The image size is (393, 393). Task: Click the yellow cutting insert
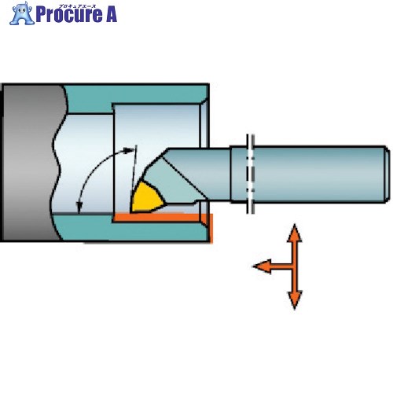click(x=146, y=198)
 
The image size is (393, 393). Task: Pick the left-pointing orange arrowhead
click(x=262, y=266)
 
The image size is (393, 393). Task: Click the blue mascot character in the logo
click(x=22, y=13)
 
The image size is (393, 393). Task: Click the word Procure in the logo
click(x=69, y=15)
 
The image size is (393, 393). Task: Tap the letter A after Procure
click(x=112, y=15)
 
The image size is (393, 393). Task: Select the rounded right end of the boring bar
click(x=387, y=174)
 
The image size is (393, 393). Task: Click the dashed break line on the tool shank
click(x=251, y=174)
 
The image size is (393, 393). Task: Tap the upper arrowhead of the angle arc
click(x=129, y=151)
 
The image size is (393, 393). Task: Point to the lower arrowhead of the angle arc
click(x=79, y=207)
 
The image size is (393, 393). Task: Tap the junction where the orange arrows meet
click(x=295, y=266)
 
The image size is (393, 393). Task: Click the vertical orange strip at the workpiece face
click(x=211, y=227)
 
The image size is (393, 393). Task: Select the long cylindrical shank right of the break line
click(x=321, y=174)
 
